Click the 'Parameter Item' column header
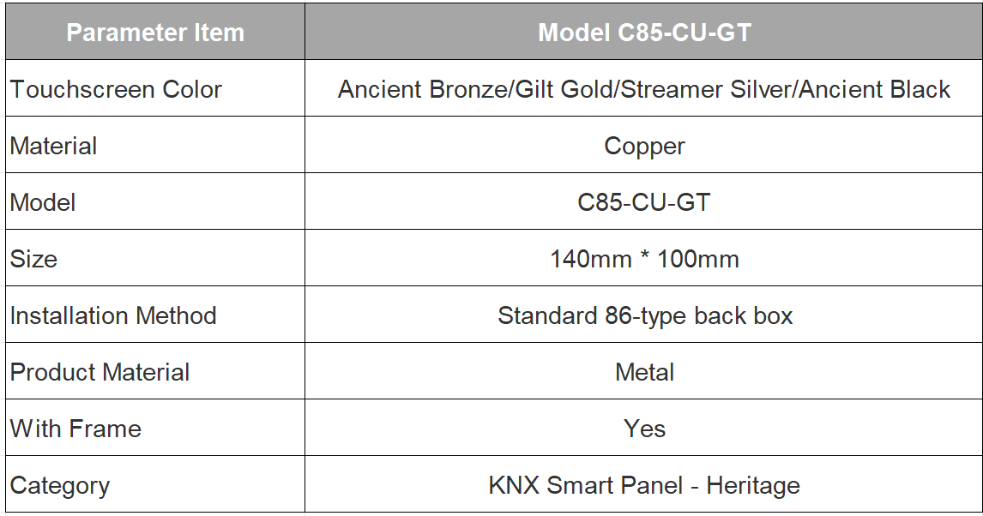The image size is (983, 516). pyautogui.click(x=155, y=33)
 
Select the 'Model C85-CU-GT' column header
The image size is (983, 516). pyautogui.click(x=644, y=33)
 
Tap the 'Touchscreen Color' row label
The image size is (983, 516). pyautogui.click(x=116, y=89)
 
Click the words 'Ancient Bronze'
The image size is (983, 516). pyautogui.click(x=423, y=89)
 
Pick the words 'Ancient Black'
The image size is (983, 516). pyautogui.click(x=875, y=89)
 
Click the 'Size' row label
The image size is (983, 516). pyautogui.click(x=33, y=259)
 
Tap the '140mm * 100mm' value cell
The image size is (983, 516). pyautogui.click(x=644, y=259)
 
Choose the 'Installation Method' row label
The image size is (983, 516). pyautogui.click(x=113, y=315)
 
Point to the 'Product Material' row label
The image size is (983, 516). pyautogui.click(x=100, y=373)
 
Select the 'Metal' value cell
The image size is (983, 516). pyautogui.click(x=644, y=373)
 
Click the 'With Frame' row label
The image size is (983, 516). pyautogui.click(x=75, y=429)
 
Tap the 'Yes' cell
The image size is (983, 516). pyautogui.click(x=644, y=429)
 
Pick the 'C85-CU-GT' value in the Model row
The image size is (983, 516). pyautogui.click(x=644, y=203)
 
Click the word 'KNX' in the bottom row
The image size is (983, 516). pyautogui.click(x=514, y=485)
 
